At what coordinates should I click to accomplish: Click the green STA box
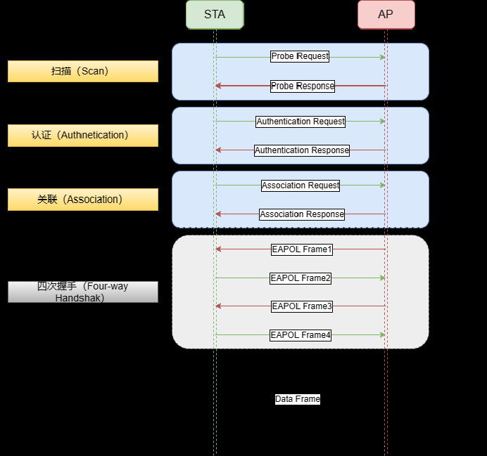coord(215,15)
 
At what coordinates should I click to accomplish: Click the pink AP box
coord(386,15)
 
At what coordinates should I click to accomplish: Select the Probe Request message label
coord(300,56)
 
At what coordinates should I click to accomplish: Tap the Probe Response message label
coord(303,86)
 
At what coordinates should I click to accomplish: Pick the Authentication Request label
coord(301,122)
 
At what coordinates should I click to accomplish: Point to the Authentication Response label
coord(301,150)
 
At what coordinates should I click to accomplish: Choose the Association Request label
coord(301,185)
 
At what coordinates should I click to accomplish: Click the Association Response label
coord(302,214)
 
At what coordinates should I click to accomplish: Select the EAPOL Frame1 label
coord(302,249)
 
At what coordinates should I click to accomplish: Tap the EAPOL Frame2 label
coord(301,278)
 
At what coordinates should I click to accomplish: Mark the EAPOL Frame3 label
coord(302,306)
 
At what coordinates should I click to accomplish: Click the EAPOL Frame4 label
coord(301,335)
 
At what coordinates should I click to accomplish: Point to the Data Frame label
coord(297,399)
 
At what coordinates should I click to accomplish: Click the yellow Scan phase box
coord(83,71)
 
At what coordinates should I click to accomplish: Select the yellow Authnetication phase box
coord(83,136)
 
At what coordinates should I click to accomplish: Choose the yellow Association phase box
coord(83,200)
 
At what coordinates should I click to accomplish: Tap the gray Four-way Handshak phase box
coord(83,292)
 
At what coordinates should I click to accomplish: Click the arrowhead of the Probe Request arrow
coord(383,57)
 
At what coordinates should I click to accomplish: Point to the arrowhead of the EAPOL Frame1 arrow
coord(218,249)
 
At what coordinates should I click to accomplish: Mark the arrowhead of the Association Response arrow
coord(218,214)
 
